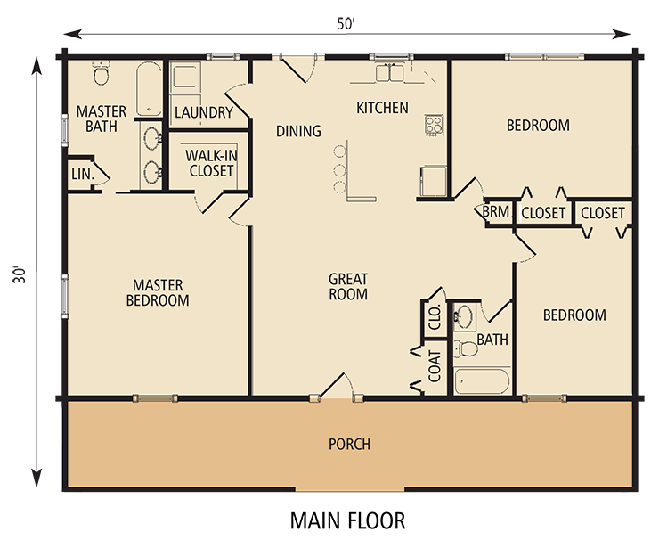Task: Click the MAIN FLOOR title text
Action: [347, 520]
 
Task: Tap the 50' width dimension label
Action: [346, 24]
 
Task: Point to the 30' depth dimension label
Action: [20, 274]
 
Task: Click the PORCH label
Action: [349, 444]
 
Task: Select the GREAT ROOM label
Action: [348, 286]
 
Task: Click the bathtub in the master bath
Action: [149, 89]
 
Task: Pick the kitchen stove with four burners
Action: [435, 126]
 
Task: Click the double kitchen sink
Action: [389, 73]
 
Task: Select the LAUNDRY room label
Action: [204, 112]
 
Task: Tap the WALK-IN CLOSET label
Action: [211, 163]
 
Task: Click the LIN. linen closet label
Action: [83, 174]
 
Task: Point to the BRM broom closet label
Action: [496, 211]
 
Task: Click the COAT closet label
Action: [435, 367]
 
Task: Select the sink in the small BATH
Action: [464, 315]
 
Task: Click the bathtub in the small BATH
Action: [482, 381]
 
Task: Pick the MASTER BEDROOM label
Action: [158, 292]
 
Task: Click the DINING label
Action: [298, 131]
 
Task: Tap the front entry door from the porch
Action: [337, 385]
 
